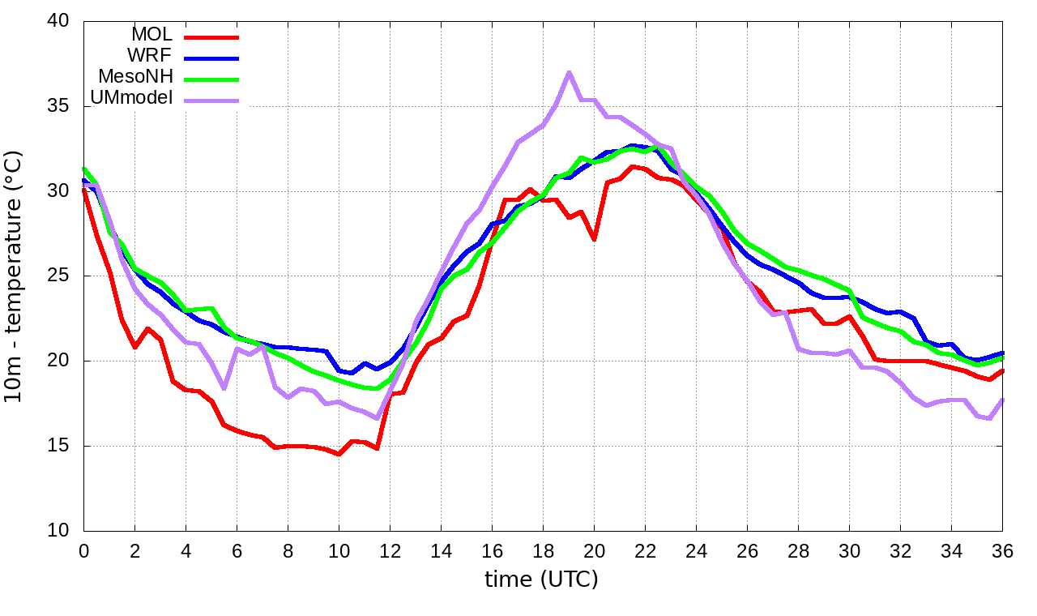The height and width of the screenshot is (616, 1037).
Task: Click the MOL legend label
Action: (x=151, y=35)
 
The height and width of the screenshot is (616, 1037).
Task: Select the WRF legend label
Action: (x=150, y=56)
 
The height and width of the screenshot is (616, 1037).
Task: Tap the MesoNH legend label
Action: (x=135, y=77)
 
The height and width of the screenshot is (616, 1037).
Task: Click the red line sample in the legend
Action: (x=211, y=36)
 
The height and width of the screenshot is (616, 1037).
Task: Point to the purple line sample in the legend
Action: (x=211, y=101)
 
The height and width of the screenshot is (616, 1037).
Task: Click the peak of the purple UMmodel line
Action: (x=569, y=72)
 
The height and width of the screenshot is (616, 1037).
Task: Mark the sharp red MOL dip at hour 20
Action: (x=594, y=239)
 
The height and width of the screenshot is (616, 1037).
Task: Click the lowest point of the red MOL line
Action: (x=339, y=454)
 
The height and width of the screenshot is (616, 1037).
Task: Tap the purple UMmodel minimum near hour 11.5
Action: (x=377, y=418)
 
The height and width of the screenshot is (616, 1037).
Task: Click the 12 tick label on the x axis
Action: (x=390, y=550)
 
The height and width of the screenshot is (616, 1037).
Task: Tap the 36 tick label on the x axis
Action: (x=1002, y=550)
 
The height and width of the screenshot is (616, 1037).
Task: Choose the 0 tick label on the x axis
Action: (x=83, y=550)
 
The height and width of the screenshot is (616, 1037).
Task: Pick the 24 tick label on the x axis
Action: (x=696, y=550)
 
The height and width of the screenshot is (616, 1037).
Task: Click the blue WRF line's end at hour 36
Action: (x=1002, y=353)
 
